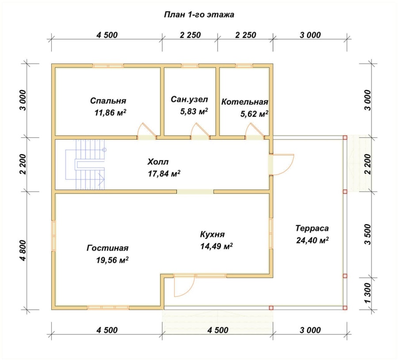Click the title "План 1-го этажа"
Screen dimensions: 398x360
[199, 15]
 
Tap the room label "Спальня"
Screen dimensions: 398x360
[108, 101]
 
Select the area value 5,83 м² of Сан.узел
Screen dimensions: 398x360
[194, 111]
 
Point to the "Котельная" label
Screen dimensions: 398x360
[245, 102]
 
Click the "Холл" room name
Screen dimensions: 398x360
[158, 162]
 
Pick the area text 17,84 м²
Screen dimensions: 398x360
[164, 174]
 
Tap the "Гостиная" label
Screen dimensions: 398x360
[107, 248]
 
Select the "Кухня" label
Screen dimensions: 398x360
[212, 234]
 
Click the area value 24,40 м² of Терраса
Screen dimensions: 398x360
[312, 240]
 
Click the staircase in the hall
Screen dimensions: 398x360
[85, 164]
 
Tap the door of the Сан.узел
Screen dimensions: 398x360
[200, 131]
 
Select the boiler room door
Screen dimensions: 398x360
[255, 131]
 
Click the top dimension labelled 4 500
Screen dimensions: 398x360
[107, 35]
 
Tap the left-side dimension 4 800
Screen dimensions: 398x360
[23, 250]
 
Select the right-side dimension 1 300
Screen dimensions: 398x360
[367, 293]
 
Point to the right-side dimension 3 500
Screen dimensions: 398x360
[367, 234]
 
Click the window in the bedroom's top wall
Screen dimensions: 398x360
[108, 66]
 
